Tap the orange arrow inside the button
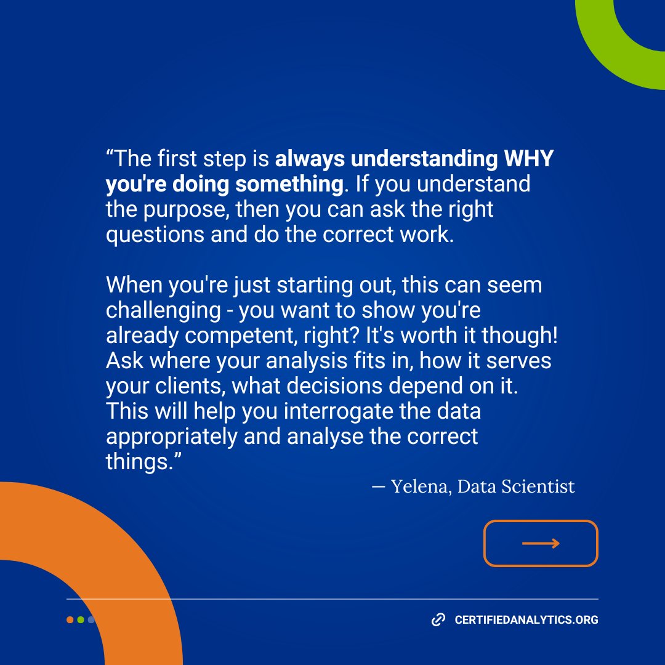pos(541,543)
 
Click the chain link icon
pos(438,620)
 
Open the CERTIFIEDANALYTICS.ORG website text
pos(526,620)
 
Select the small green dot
pos(81,620)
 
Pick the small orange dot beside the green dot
pos(70,620)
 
